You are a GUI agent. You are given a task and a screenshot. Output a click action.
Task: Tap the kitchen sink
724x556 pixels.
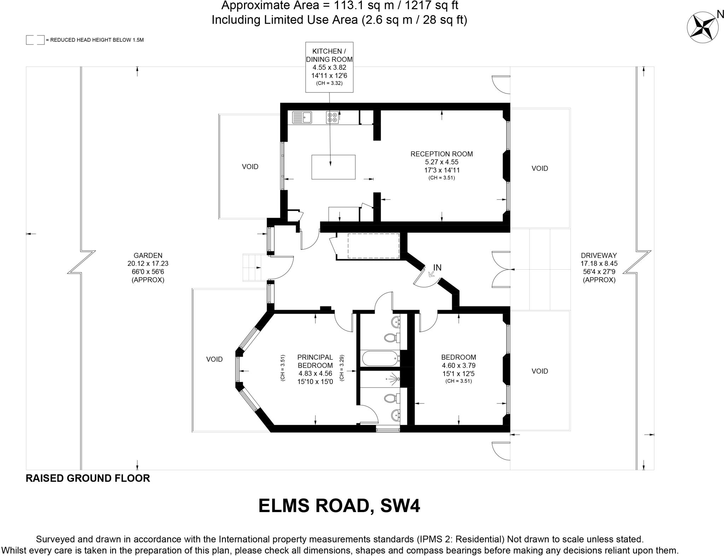click(x=302, y=117)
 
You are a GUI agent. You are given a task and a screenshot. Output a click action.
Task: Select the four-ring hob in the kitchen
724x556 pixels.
click(x=332, y=117)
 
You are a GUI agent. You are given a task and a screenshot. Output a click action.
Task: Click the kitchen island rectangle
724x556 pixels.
click(x=333, y=167)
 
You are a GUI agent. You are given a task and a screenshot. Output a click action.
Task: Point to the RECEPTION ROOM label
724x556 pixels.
click(x=442, y=154)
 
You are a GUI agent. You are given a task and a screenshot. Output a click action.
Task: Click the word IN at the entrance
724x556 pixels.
click(x=437, y=268)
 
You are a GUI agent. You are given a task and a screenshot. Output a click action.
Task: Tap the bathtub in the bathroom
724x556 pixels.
click(x=381, y=359)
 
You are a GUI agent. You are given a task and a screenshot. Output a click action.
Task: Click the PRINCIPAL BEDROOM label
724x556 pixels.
click(x=315, y=361)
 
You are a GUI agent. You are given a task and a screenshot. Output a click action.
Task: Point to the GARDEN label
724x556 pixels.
click(x=148, y=256)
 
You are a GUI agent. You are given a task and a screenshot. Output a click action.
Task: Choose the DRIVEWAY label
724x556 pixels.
click(x=599, y=256)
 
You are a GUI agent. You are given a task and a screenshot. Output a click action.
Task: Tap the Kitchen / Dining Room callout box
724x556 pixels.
click(x=329, y=67)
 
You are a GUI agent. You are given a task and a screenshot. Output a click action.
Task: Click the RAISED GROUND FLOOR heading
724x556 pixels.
click(x=88, y=478)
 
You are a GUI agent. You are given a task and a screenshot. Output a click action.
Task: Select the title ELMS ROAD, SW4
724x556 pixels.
click(x=339, y=506)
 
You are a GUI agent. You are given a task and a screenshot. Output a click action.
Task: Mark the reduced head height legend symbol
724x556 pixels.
click(x=35, y=40)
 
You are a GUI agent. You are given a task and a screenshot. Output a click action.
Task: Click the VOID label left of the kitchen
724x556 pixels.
click(x=250, y=167)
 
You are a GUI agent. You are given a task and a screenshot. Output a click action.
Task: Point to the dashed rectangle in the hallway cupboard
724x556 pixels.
click(x=374, y=246)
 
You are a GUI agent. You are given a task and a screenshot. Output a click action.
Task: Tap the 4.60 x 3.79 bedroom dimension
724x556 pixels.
click(x=459, y=366)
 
